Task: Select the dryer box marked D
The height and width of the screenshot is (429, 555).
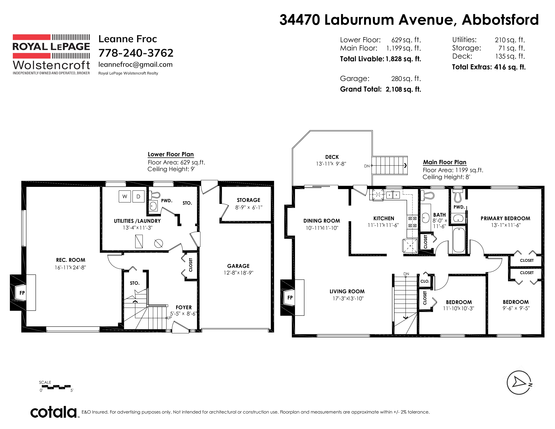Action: coord(138,196)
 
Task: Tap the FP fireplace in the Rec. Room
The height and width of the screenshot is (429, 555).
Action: coord(23,293)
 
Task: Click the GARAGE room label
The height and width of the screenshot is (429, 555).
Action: coord(238,266)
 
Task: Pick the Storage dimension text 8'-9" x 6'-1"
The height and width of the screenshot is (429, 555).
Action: coord(249,207)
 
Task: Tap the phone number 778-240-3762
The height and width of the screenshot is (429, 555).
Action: coord(136,53)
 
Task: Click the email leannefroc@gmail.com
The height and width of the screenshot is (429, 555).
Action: coord(135,65)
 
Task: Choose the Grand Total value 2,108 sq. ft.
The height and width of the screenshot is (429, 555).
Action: coord(403,89)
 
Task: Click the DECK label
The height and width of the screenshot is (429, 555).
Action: coord(332,157)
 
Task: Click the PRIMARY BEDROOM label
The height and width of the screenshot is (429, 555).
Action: coord(505,218)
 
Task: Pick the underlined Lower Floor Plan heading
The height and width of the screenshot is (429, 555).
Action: coord(171,154)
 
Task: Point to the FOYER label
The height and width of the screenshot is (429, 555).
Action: coord(184,308)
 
